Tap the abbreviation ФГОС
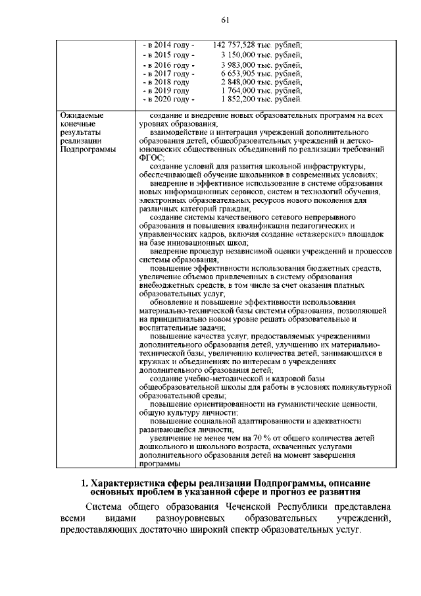152,158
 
